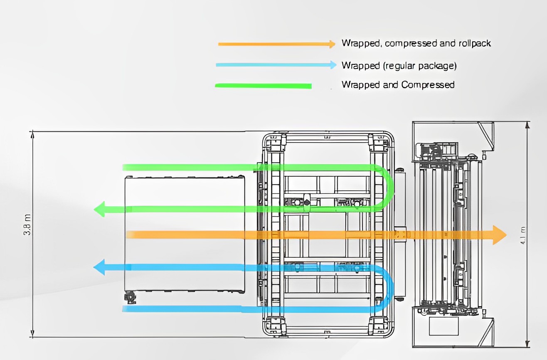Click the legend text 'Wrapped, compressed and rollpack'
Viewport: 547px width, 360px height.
tap(416, 43)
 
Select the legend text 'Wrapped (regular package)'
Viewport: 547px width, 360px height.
tap(399, 65)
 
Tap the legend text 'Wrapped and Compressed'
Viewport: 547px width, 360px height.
tap(398, 85)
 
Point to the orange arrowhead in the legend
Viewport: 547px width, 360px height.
tap(332, 44)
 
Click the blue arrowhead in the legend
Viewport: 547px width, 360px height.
tap(333, 64)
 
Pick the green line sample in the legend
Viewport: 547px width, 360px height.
tap(263, 86)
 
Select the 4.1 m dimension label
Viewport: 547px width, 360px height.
tap(522, 235)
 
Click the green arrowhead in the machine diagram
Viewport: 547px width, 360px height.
tap(100, 209)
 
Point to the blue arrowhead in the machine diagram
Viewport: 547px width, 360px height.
tap(99, 267)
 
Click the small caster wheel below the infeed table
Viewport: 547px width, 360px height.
tap(130, 297)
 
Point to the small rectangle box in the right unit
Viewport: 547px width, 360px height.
tap(443, 326)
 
